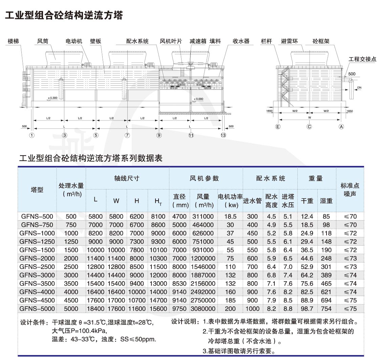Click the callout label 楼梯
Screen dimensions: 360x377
(x=13, y=41)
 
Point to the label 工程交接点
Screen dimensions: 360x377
(x=362, y=59)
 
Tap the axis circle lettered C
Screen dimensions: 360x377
(x=309, y=127)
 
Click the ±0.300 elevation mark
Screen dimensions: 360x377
(x=53, y=98)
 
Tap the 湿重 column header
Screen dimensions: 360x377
(x=326, y=201)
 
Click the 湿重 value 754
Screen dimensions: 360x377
(x=326, y=309)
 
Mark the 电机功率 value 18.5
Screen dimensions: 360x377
(x=230, y=217)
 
